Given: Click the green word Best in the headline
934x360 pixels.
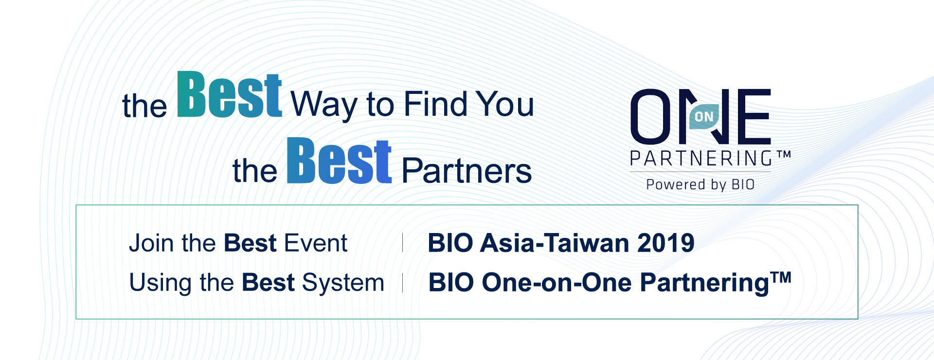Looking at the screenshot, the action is click(x=229, y=94).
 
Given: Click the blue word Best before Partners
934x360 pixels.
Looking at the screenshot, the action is click(x=339, y=161).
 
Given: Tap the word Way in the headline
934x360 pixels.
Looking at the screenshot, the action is click(x=324, y=105).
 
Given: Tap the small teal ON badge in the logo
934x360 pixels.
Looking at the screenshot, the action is click(x=704, y=117).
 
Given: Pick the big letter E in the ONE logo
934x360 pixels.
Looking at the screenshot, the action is click(x=753, y=116).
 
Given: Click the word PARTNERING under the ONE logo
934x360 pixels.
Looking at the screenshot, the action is click(x=701, y=159).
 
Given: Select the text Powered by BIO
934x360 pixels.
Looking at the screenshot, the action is click(x=700, y=185).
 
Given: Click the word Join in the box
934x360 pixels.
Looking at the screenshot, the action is click(x=151, y=243).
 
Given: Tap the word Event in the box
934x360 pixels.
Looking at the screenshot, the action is click(x=316, y=243).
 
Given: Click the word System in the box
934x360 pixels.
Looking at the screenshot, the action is click(x=343, y=283).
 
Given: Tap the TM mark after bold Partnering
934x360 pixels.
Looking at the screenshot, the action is click(x=781, y=277).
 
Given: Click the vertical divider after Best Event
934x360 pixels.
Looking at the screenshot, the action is click(x=403, y=243).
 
